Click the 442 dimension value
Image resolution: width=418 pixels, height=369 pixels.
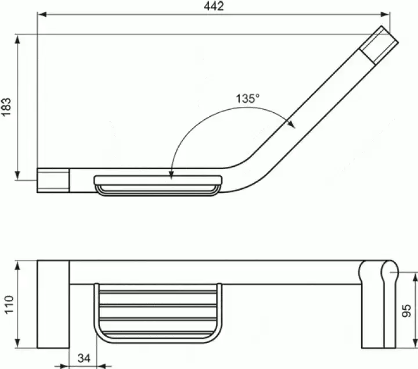[214, 6]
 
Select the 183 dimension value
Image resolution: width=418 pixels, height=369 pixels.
[7, 108]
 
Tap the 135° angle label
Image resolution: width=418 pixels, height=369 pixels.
[247, 98]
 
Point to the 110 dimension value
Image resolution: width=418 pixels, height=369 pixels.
[8, 304]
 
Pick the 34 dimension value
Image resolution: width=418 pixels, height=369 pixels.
[84, 358]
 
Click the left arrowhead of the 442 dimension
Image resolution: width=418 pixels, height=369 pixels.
[41, 15]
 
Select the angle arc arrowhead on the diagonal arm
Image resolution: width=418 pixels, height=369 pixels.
[292, 123]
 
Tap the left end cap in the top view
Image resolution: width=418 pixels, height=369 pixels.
[53, 179]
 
